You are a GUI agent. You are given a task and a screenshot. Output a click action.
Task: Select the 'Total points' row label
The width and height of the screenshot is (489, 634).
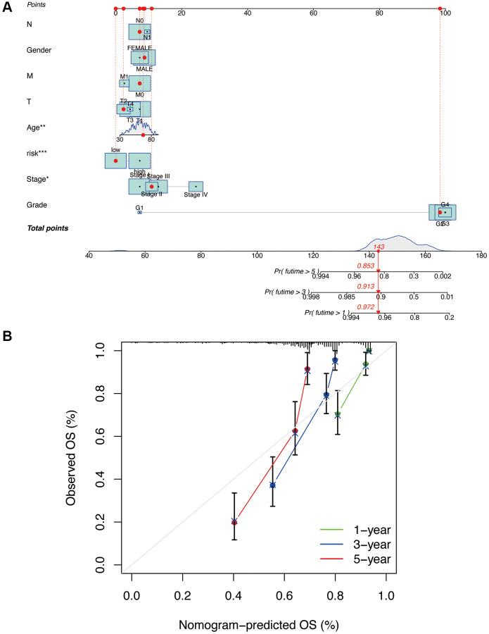click(47, 228)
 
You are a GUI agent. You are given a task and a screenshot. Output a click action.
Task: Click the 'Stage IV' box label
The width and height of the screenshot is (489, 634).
click(196, 195)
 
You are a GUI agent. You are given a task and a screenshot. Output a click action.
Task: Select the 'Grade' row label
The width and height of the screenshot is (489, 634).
click(37, 205)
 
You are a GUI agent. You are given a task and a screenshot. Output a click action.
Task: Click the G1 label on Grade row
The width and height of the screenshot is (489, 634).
click(139, 208)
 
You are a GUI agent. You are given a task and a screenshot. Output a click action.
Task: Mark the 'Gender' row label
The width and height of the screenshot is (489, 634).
click(39, 50)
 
